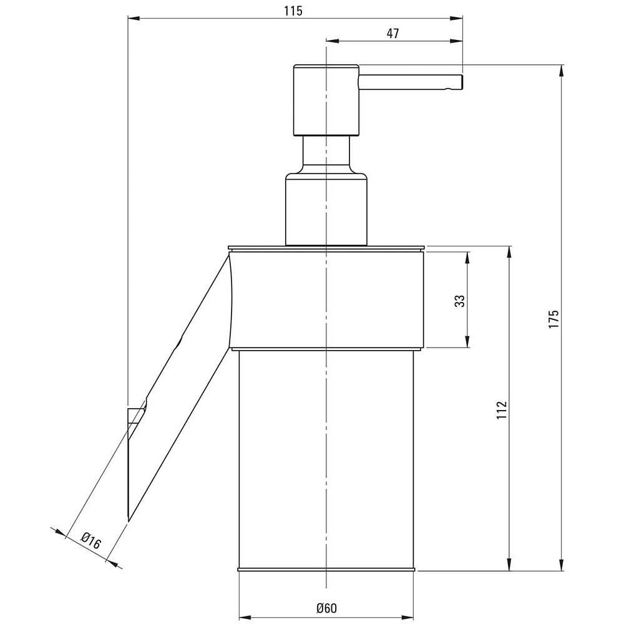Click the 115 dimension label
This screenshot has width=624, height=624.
(293, 11)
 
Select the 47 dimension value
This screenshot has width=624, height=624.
(392, 34)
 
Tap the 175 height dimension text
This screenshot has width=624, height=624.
(554, 318)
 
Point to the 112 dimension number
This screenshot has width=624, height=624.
(502, 410)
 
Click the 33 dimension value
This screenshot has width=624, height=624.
(460, 301)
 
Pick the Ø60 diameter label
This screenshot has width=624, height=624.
(327, 608)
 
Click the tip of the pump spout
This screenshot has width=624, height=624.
(462, 82)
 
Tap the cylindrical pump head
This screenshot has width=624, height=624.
(326, 100)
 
